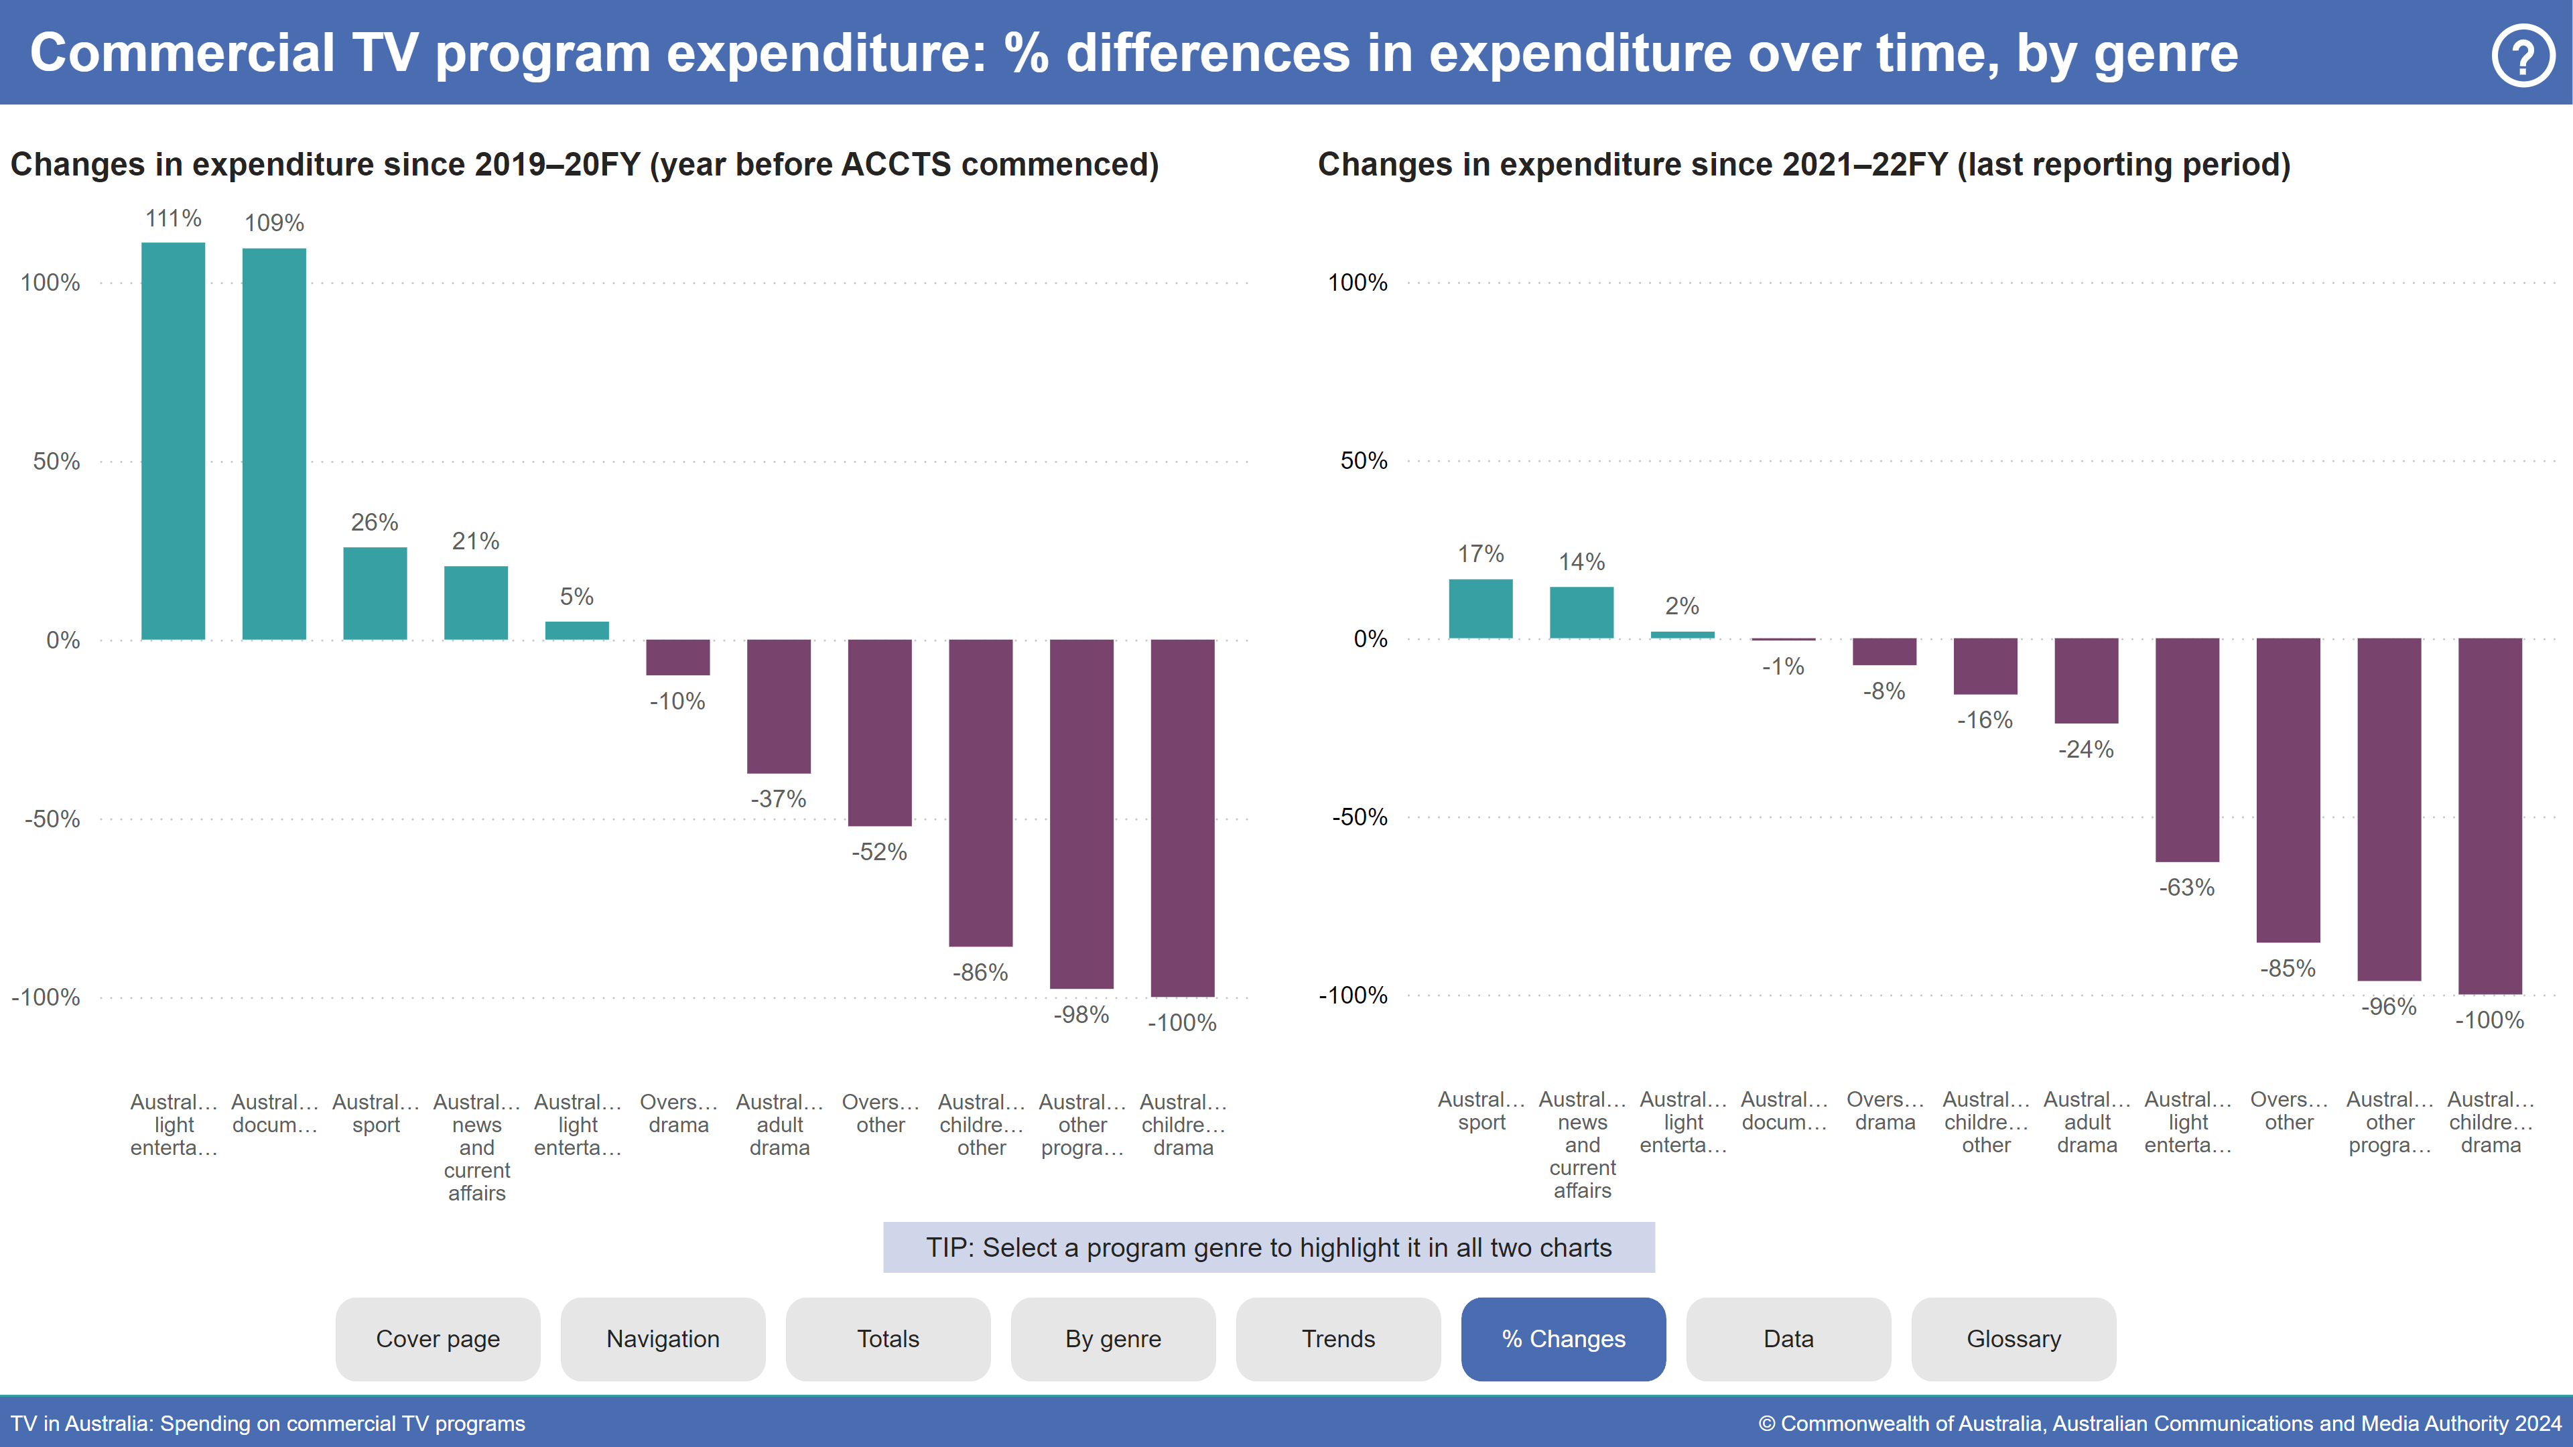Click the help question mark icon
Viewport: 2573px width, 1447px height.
click(x=2522, y=56)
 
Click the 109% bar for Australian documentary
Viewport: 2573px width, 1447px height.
click(x=273, y=443)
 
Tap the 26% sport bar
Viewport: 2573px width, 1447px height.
click(x=375, y=593)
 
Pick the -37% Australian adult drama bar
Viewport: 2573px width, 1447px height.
click(x=778, y=706)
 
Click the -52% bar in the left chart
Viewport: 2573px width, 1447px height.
click(x=879, y=732)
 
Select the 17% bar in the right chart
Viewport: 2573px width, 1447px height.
click(x=1480, y=608)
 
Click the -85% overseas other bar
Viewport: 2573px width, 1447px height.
click(x=2288, y=790)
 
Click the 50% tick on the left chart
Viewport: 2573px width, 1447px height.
click(x=56, y=462)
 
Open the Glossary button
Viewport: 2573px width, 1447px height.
click(x=2013, y=1339)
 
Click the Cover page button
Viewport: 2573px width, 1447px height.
click(x=438, y=1339)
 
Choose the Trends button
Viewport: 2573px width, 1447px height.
click(x=1337, y=1339)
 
